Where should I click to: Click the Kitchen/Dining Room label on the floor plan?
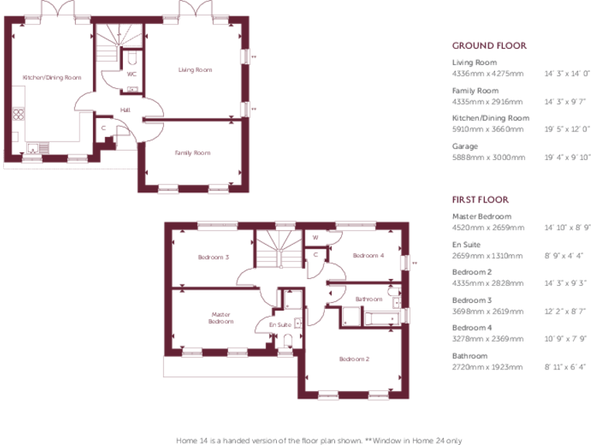click(52, 77)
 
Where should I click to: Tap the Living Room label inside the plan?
click(195, 70)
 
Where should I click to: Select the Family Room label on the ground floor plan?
click(192, 153)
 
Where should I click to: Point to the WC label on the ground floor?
click(131, 74)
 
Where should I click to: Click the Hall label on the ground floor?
click(125, 110)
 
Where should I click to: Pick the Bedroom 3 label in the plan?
click(213, 257)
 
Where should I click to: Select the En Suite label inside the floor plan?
click(280, 325)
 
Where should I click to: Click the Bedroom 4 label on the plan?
click(368, 256)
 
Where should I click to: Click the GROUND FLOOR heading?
click(489, 46)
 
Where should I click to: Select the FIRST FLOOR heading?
click(483, 200)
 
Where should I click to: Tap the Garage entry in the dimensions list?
click(465, 146)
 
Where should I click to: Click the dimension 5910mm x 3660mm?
click(488, 129)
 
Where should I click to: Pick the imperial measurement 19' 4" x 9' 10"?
click(568, 157)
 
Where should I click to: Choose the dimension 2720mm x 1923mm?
click(488, 366)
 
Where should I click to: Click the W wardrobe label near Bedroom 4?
click(315, 237)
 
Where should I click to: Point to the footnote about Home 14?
click(319, 440)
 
